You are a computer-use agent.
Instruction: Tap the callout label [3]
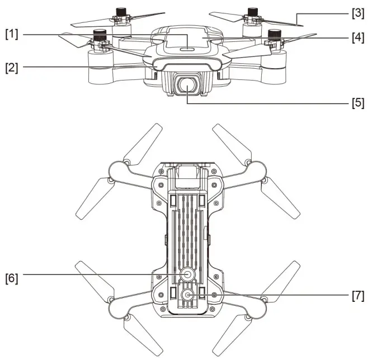pos(356,11)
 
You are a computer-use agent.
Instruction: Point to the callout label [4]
pos(356,39)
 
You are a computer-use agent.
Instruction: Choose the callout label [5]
pos(356,103)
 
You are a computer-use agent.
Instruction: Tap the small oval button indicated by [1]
pos(186,49)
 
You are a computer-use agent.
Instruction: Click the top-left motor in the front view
pos(121,12)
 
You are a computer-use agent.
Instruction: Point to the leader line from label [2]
pos(84,68)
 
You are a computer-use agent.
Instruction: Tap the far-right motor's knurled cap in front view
pos(274,36)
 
